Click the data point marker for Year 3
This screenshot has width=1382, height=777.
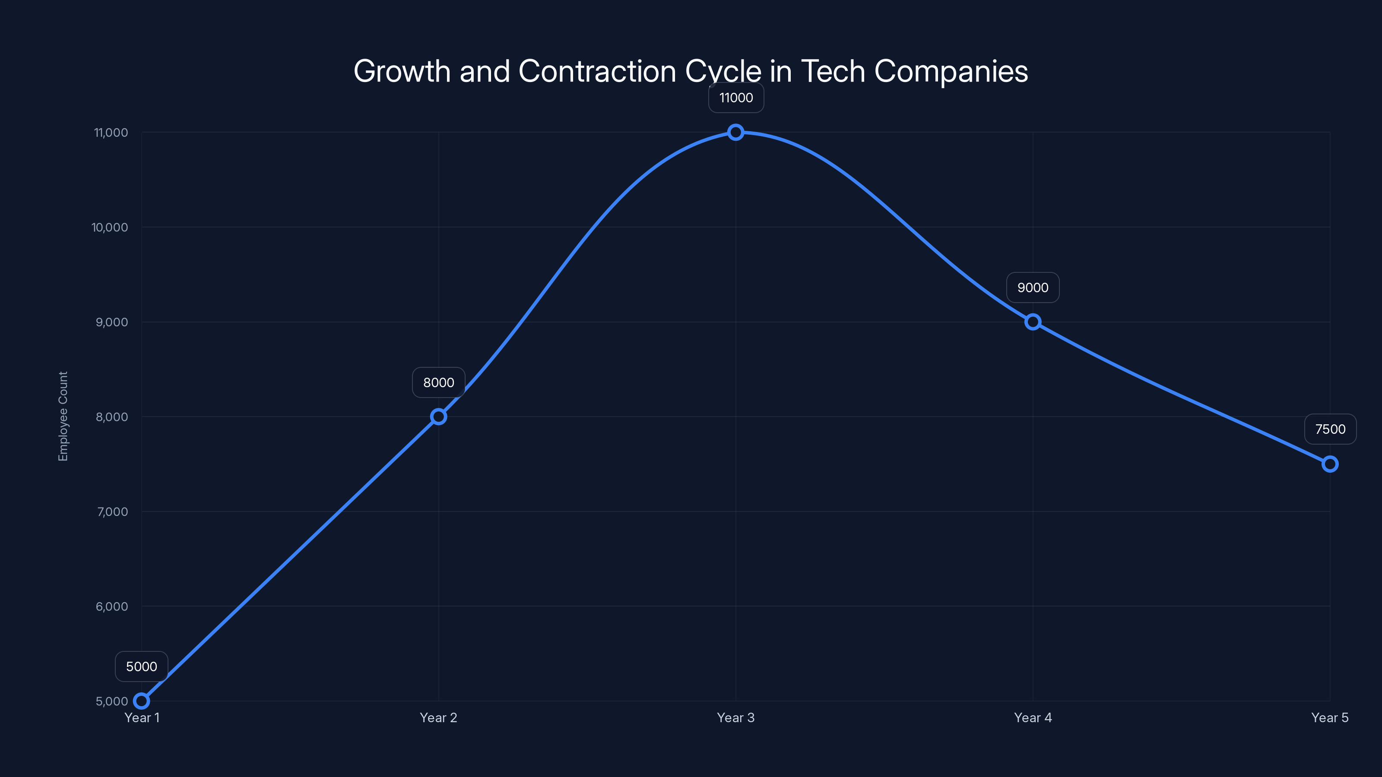735,132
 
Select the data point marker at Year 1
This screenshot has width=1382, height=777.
142,701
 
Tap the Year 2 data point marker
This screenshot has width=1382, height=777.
438,417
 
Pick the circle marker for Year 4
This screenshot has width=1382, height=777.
1033,322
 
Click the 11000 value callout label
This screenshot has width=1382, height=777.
736,98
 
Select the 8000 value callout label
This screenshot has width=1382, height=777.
438,382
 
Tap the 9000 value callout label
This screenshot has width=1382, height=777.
1033,287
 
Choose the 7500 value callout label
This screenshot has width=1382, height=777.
1330,429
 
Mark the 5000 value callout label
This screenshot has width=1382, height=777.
142,666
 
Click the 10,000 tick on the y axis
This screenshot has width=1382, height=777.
110,227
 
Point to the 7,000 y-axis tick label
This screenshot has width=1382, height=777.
112,512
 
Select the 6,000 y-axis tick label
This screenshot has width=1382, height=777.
112,606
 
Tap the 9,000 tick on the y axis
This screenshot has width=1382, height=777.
112,322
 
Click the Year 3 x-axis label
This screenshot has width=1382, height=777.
735,717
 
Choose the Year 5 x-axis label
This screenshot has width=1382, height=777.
1329,717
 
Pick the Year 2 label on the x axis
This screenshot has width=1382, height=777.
438,717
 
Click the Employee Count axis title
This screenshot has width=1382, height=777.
63,416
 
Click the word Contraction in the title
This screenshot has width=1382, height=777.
597,71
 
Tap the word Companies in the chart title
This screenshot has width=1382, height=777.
951,71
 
